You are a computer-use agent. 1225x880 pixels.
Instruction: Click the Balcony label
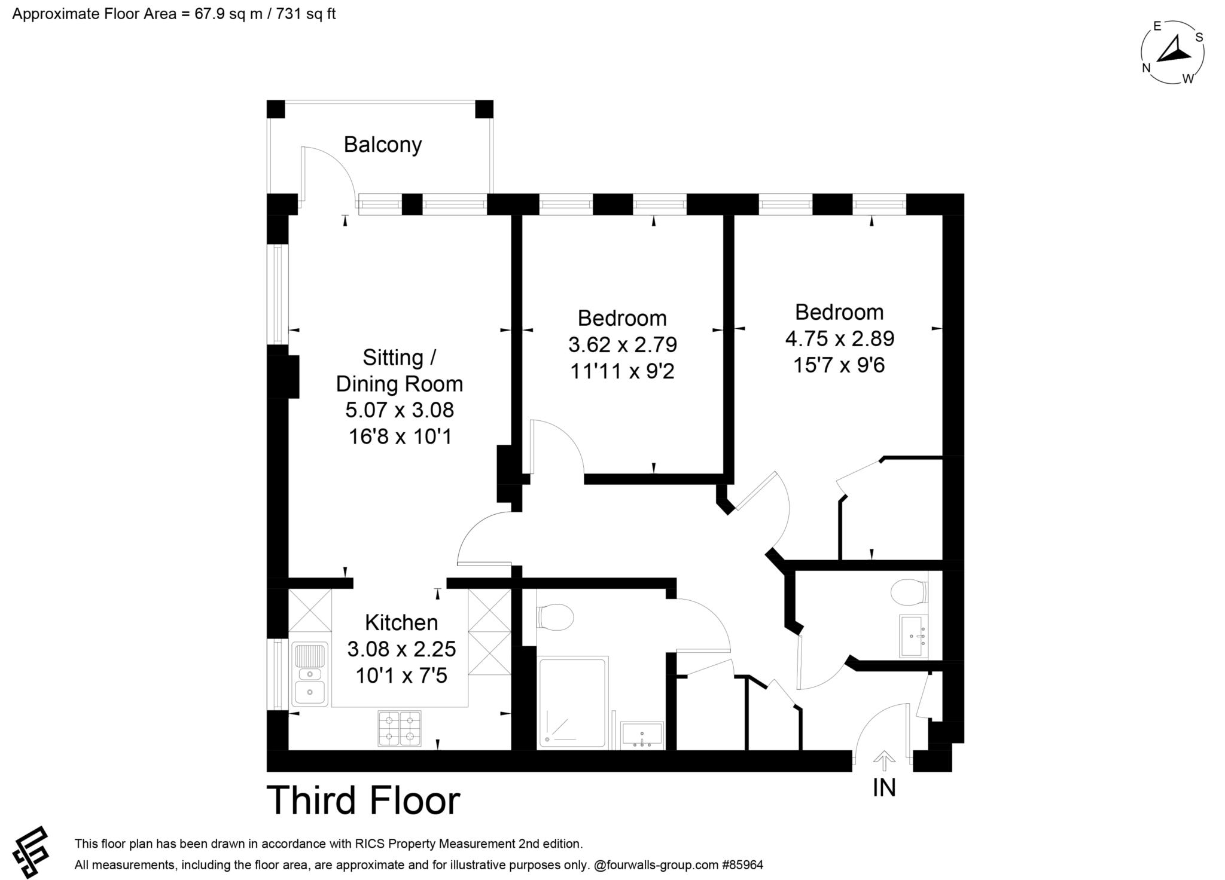[x=383, y=145]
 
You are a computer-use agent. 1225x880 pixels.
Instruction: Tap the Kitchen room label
[x=401, y=622]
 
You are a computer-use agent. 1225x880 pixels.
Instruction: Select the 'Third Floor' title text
[x=364, y=800]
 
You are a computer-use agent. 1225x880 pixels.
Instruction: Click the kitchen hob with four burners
[x=400, y=728]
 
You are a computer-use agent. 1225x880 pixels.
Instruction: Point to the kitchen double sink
[x=310, y=674]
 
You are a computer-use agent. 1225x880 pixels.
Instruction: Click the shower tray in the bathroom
[x=572, y=702]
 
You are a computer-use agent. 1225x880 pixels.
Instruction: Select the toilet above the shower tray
[x=555, y=616]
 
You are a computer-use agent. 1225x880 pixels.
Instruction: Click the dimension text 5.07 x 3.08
[x=400, y=410]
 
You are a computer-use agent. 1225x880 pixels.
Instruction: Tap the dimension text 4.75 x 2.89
[x=840, y=339]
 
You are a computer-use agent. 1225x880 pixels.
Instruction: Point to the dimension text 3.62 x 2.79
[x=622, y=345]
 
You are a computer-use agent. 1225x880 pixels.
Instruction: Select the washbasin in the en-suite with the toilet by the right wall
[x=914, y=635]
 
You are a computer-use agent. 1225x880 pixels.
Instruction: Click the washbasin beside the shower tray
[x=642, y=735]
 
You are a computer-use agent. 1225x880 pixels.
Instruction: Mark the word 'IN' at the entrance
[x=884, y=788]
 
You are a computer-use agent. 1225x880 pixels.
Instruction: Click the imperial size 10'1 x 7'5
[x=401, y=676]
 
